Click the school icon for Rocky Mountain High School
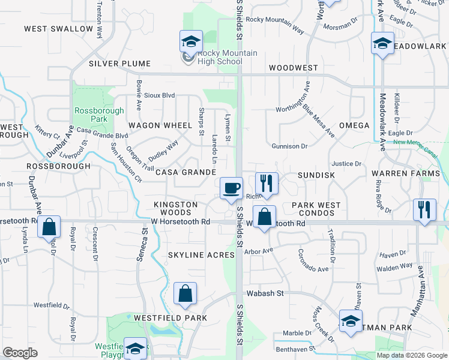coord(190,42)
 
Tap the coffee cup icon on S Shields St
coord(231,189)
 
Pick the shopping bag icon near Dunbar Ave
coord(49,227)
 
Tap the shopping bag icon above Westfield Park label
coord(185,294)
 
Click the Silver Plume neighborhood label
coord(114,63)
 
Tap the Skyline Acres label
coord(201,255)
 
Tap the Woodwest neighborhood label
coord(294,68)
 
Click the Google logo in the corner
coord(20,353)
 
